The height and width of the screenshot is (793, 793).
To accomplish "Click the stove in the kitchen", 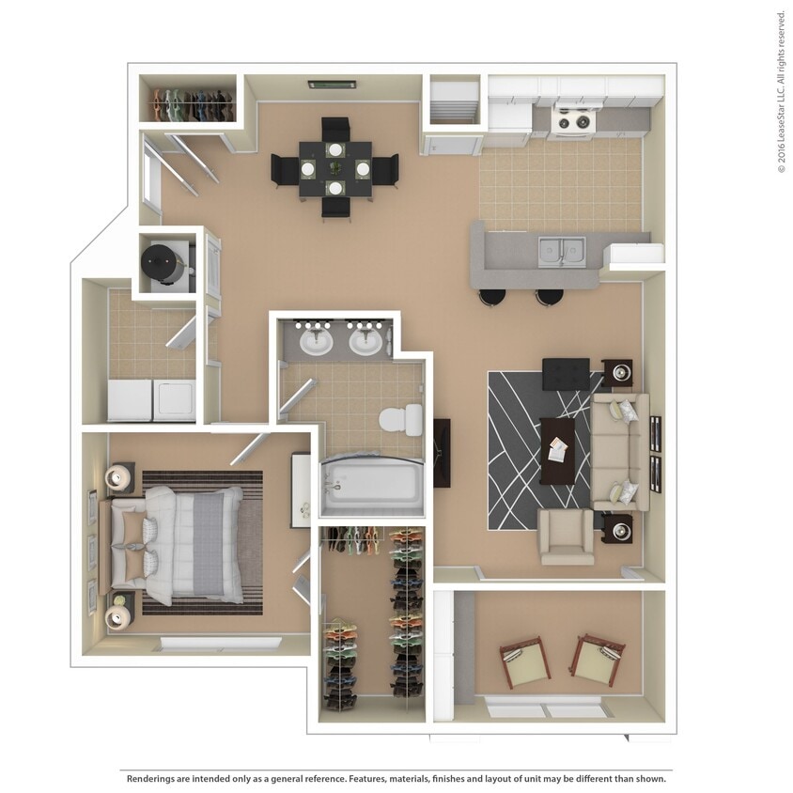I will pos(573,120).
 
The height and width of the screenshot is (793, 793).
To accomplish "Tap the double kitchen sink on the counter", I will pos(561,251).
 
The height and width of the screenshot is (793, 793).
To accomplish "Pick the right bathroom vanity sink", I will pos(365,340).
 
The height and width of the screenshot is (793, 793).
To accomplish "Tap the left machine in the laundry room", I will pos(130,400).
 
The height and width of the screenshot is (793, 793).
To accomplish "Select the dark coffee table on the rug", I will pos(557,450).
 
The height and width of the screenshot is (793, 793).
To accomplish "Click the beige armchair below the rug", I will pos(565,536).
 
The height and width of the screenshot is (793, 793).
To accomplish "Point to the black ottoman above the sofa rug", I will pos(566,373).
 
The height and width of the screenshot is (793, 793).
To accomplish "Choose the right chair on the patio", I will pos(597,659).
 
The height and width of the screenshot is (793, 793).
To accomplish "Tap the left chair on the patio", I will pos(525,661).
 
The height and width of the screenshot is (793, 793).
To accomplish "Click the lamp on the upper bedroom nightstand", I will pos(119,478).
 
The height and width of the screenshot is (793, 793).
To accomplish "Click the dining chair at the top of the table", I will pos(335,129).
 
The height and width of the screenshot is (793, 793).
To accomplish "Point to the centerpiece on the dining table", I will pos(335,168).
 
